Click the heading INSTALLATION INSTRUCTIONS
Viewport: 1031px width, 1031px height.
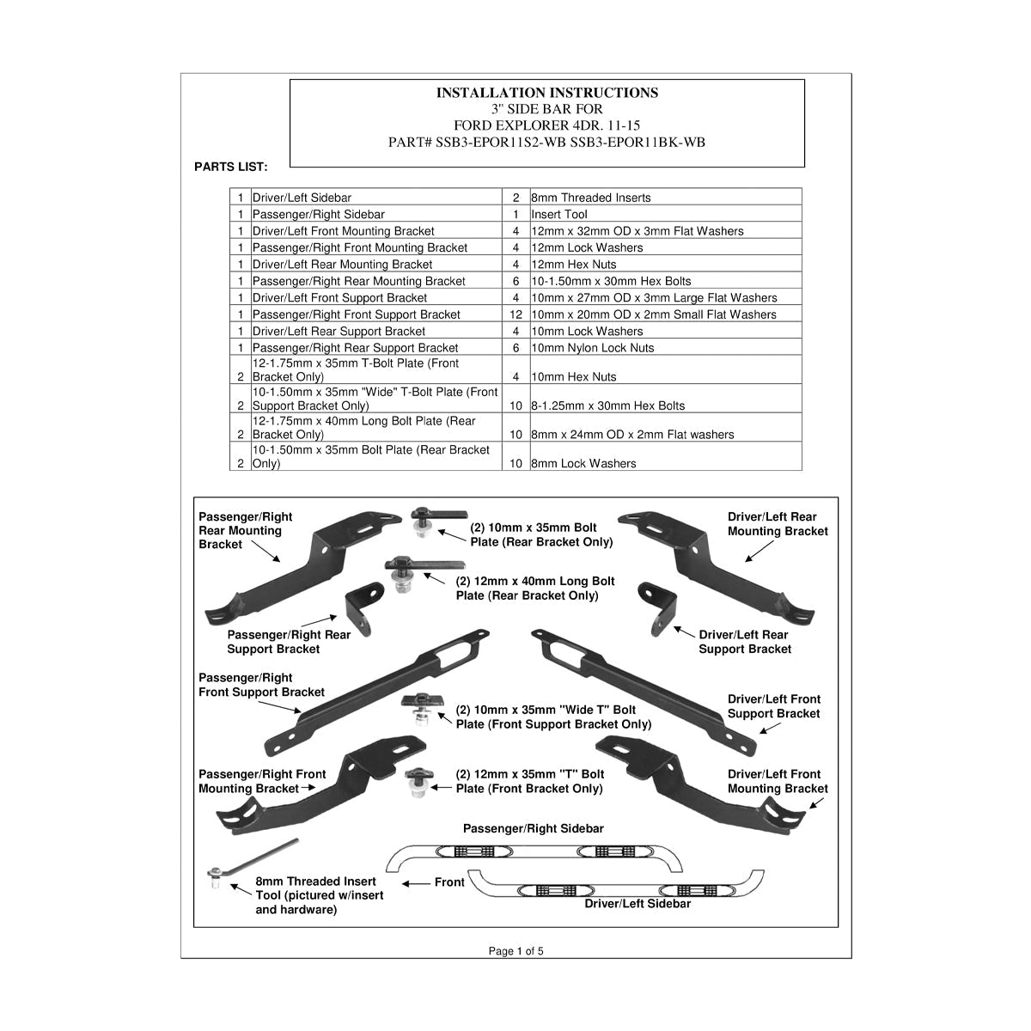[x=546, y=93]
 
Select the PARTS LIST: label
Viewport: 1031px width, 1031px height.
[x=230, y=167]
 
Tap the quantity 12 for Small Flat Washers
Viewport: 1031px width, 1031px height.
[x=515, y=314]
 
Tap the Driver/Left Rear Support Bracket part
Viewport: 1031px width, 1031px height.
[x=658, y=609]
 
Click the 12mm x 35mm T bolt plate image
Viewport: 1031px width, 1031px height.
[x=419, y=782]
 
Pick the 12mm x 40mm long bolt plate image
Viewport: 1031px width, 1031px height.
[x=423, y=574]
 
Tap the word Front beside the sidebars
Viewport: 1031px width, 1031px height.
[x=449, y=882]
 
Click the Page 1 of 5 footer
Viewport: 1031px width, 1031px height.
[x=515, y=951]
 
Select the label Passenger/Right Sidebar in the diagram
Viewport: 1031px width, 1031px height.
[x=533, y=828]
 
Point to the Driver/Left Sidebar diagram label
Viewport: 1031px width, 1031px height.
[x=638, y=903]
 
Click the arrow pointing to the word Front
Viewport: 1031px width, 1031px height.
[x=416, y=884]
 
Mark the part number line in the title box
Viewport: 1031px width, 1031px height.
[x=546, y=143]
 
